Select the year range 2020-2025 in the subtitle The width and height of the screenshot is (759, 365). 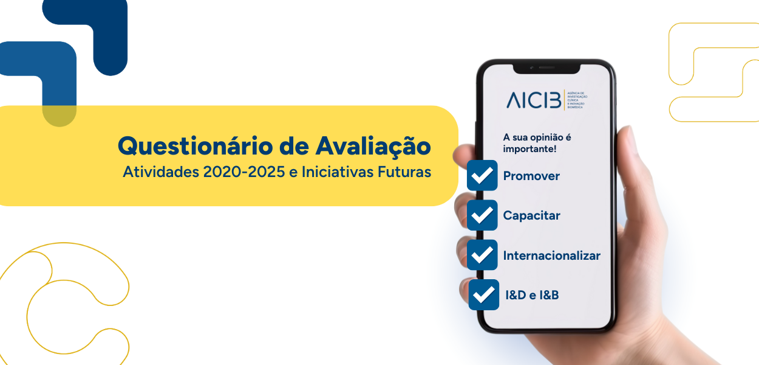tap(242, 172)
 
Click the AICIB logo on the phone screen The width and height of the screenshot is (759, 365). tap(534, 100)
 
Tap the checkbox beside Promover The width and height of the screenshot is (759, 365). tap(482, 175)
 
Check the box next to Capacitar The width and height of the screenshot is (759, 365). tap(482, 215)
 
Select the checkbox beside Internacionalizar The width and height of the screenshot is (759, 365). tap(482, 255)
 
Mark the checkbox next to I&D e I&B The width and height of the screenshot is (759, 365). tap(484, 295)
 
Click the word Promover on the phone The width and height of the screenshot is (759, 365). tap(531, 176)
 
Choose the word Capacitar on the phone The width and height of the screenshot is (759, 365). tap(531, 215)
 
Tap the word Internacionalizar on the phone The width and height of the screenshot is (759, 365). tap(551, 255)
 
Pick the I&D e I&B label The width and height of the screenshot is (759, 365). tap(532, 296)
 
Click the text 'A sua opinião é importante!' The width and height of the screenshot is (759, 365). tap(537, 143)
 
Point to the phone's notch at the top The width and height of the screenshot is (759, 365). tap(546, 67)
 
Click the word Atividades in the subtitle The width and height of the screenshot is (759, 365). tap(160, 172)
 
